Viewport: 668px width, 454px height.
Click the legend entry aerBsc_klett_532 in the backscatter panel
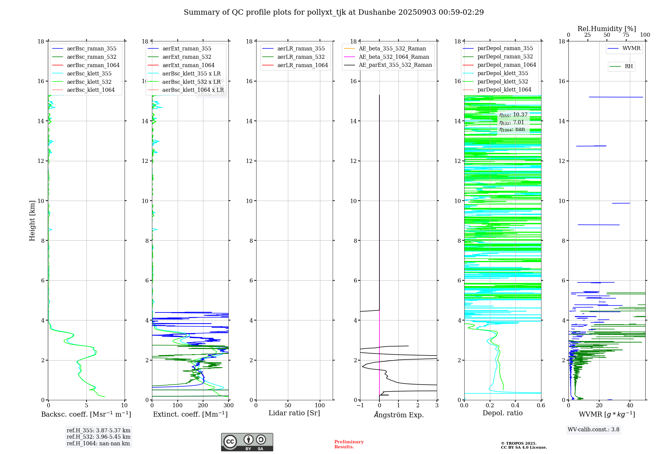point(89,82)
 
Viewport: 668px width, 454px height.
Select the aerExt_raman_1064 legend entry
point(188,65)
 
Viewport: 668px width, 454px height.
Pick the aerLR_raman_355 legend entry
point(301,49)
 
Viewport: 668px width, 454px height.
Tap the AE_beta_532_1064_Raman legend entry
point(394,57)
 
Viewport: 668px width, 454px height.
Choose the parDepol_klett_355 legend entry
point(503,73)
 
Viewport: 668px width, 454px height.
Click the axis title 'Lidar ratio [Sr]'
point(294,413)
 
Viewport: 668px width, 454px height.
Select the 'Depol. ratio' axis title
point(502,413)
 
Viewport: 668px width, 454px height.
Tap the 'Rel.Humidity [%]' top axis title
point(607,29)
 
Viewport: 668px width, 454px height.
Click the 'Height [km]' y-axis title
point(32,220)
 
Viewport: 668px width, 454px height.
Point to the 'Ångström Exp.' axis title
point(398,415)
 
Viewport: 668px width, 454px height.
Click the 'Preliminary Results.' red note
point(349,444)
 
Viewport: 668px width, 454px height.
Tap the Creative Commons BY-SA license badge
point(247,442)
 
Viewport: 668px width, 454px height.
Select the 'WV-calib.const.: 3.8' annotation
point(594,430)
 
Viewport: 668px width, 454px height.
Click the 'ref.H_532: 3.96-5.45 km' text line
point(99,437)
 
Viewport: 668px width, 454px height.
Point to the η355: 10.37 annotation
point(513,115)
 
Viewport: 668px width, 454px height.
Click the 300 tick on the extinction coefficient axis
point(228,406)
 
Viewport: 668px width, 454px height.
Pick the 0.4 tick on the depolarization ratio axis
point(515,406)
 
